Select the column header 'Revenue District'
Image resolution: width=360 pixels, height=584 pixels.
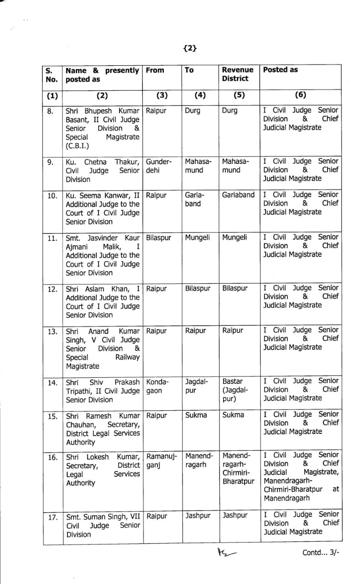[237, 74]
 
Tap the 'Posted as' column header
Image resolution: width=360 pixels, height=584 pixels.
[280, 70]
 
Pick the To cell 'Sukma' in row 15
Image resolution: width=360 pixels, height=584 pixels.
[196, 415]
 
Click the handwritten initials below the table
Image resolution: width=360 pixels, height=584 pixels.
[225, 552]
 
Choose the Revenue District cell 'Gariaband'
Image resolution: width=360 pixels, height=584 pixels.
[238, 195]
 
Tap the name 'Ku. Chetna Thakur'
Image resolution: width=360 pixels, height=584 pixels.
[102, 162]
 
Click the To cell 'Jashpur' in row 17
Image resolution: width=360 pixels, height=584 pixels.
[198, 516]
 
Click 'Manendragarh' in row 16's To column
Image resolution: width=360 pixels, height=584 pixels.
[199, 460]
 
